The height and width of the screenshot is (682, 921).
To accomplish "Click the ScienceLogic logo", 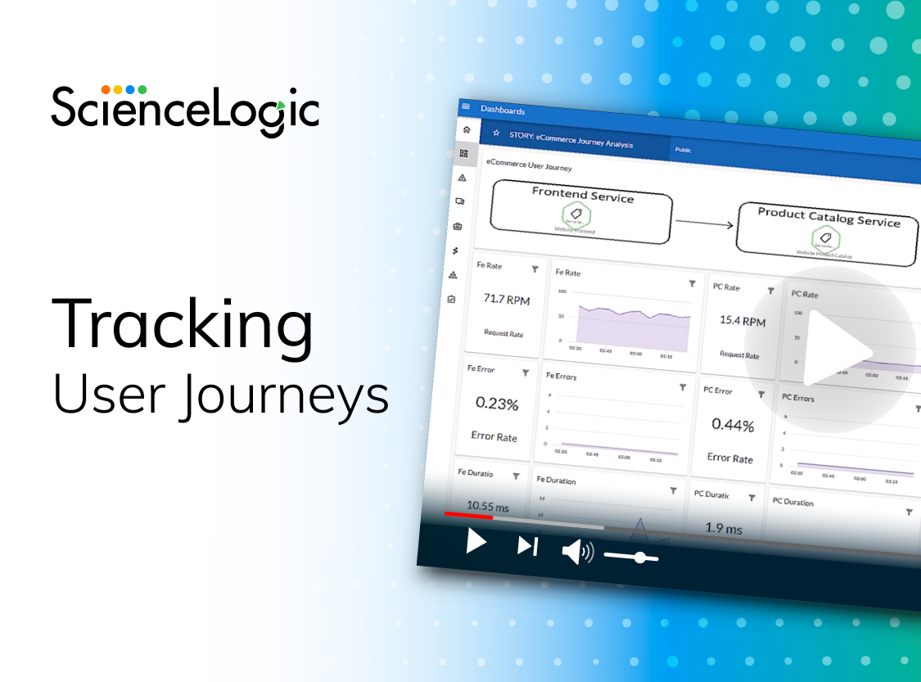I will pos(185,108).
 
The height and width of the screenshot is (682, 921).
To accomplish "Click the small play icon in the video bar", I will pos(476,542).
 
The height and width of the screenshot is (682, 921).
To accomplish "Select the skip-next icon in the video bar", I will pos(527,546).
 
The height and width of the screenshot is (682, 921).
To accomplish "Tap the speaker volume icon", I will pos(577,552).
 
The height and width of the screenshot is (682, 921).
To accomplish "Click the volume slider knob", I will pos(639,558).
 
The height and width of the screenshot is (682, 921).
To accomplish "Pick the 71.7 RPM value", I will pos(507,300).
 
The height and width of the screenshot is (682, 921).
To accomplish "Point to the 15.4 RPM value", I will pos(743,321).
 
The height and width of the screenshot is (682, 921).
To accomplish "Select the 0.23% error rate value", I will pos(497,404).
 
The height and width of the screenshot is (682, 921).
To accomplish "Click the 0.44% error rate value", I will pos(733,425).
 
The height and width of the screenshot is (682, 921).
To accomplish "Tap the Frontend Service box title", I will pos(583,195).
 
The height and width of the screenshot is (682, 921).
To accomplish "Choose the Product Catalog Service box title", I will pos(828,217).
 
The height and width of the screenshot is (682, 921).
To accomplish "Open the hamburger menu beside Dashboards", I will pos(466,106).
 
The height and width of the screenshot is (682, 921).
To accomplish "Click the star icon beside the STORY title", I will pos(495,133).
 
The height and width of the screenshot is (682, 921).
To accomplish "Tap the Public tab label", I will pos(683,150).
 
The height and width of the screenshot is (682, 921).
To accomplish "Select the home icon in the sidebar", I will pos(466,129).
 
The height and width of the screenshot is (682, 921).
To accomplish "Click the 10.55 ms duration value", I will pos(488,507).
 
